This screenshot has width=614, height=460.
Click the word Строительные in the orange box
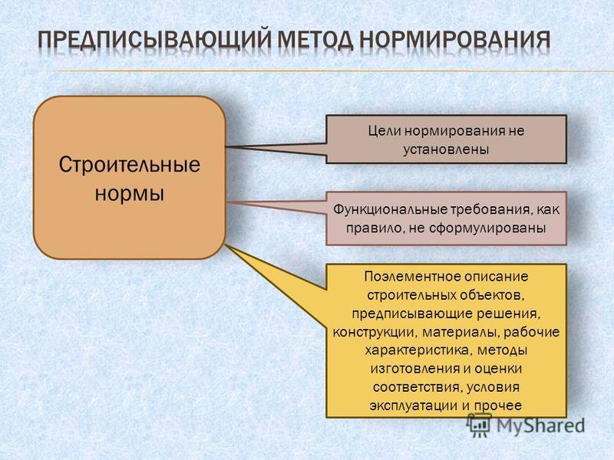point(130,165)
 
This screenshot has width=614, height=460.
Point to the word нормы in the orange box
point(130,193)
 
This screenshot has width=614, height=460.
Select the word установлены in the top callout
point(446,149)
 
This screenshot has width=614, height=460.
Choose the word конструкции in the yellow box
point(373,333)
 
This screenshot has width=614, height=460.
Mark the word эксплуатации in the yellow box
point(414,406)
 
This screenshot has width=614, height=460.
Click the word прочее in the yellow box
point(498,406)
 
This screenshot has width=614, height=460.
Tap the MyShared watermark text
point(541,426)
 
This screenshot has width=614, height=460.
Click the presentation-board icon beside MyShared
point(479,426)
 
